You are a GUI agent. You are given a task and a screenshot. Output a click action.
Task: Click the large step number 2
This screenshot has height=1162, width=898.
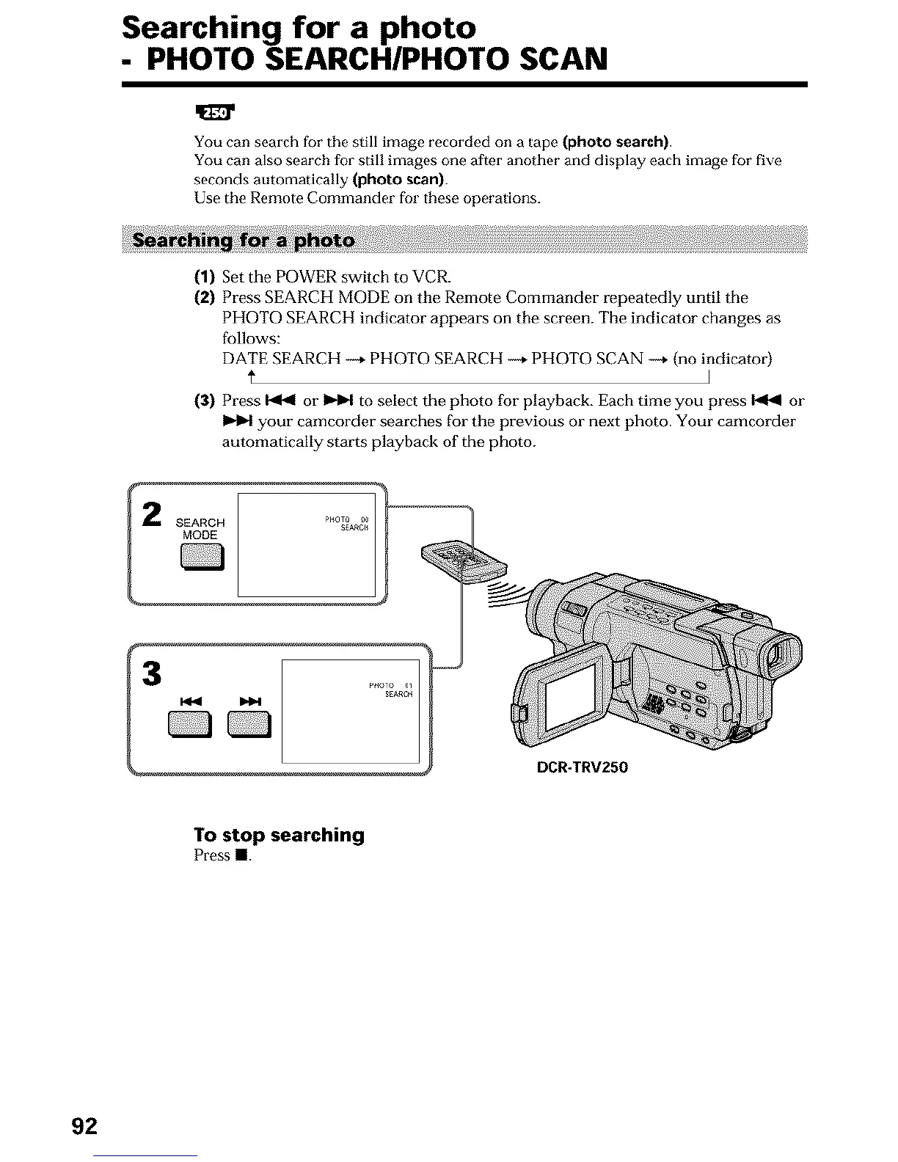point(151,514)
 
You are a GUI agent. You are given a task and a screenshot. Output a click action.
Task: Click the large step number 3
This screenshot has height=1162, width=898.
point(151,673)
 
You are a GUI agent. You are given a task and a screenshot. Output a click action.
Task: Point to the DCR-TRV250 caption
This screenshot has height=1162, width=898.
point(583,767)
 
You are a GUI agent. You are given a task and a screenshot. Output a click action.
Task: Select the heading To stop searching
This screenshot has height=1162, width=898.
point(279,835)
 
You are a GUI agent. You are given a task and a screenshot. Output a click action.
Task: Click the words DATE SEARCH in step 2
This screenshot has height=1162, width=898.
point(281,359)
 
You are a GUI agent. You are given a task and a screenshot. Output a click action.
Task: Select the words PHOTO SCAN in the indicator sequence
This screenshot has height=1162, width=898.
point(588,359)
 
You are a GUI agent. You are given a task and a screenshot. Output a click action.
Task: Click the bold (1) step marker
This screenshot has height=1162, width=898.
point(203,277)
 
